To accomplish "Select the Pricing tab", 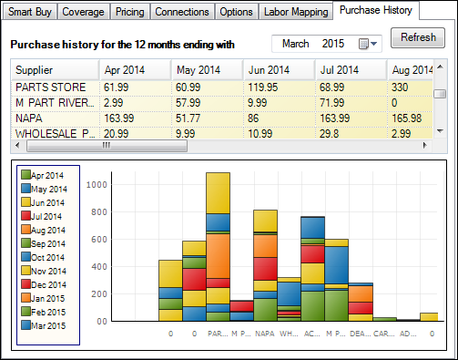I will click(x=130, y=12).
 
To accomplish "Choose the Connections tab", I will click(x=182, y=12).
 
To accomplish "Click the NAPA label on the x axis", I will click(x=265, y=334).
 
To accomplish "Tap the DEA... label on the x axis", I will click(x=361, y=334).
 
